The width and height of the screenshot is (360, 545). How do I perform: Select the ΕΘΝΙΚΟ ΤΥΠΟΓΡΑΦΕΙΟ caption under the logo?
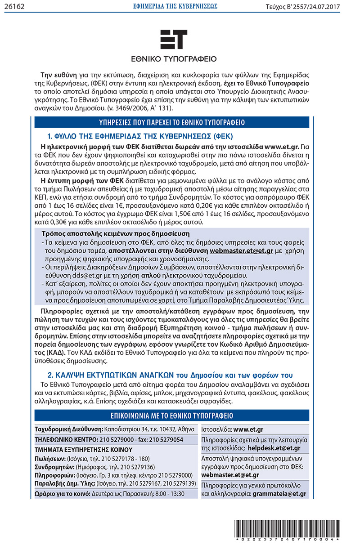point(174,58)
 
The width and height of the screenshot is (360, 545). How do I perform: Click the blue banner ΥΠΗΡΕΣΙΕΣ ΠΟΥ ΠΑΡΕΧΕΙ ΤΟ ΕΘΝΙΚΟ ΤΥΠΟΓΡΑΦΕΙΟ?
point(172,122)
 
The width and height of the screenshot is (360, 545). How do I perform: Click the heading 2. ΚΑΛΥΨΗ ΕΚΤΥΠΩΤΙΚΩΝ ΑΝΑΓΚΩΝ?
point(170,375)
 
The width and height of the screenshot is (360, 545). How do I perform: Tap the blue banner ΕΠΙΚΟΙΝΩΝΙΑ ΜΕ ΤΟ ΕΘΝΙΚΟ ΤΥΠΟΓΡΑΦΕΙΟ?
point(172,415)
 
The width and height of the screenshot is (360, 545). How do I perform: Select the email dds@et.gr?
point(75,275)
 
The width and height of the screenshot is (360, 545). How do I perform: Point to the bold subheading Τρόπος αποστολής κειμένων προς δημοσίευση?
point(116,234)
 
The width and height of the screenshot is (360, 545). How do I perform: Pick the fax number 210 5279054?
point(166,439)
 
